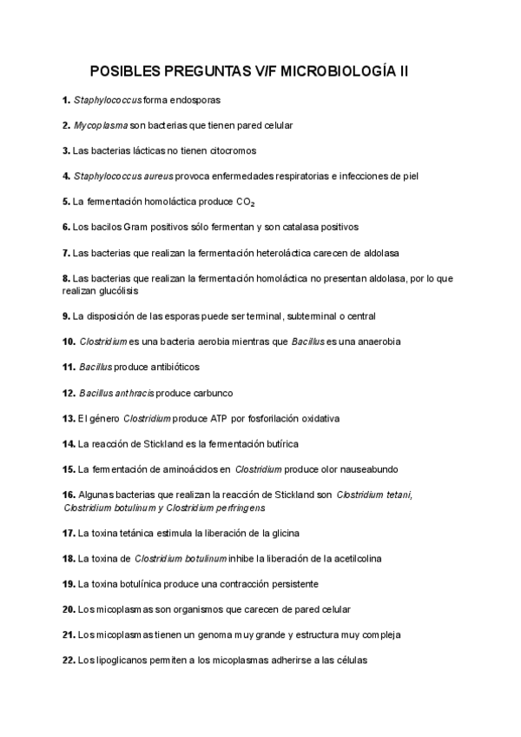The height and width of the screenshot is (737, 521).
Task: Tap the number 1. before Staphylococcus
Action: pos(67,100)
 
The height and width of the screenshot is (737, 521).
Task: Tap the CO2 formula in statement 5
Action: pos(246,202)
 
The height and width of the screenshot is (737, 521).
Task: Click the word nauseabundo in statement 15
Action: pos(369,469)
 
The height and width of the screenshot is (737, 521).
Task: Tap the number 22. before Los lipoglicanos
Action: pos(69,660)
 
